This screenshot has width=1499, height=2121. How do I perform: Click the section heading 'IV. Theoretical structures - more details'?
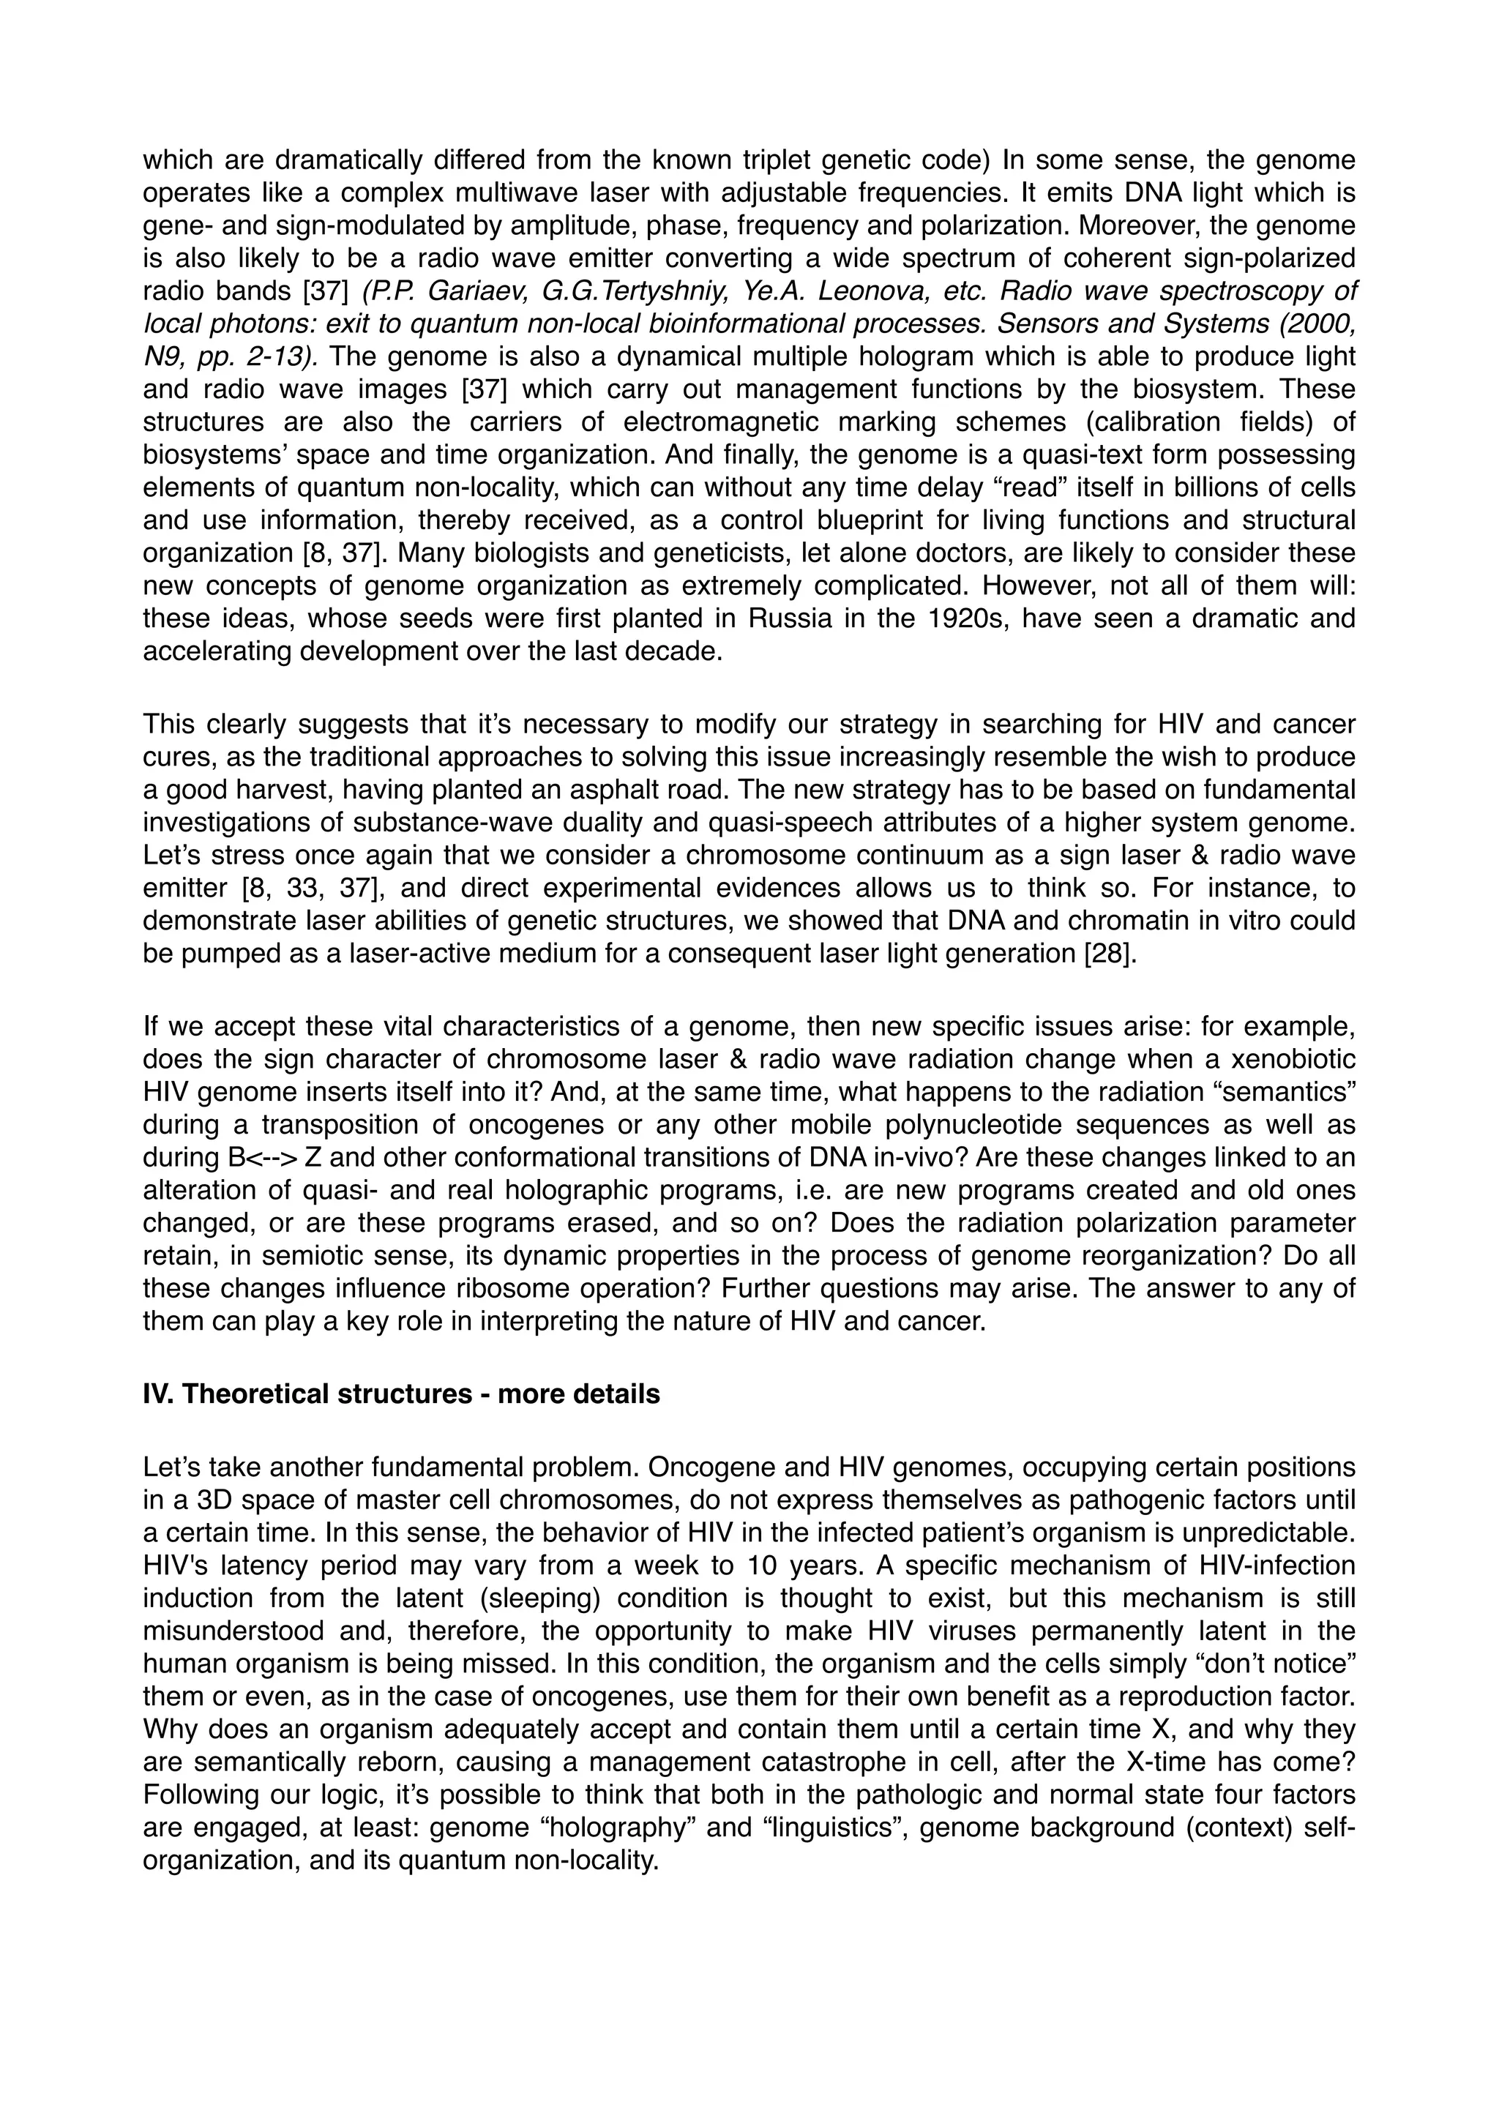coord(401,1394)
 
